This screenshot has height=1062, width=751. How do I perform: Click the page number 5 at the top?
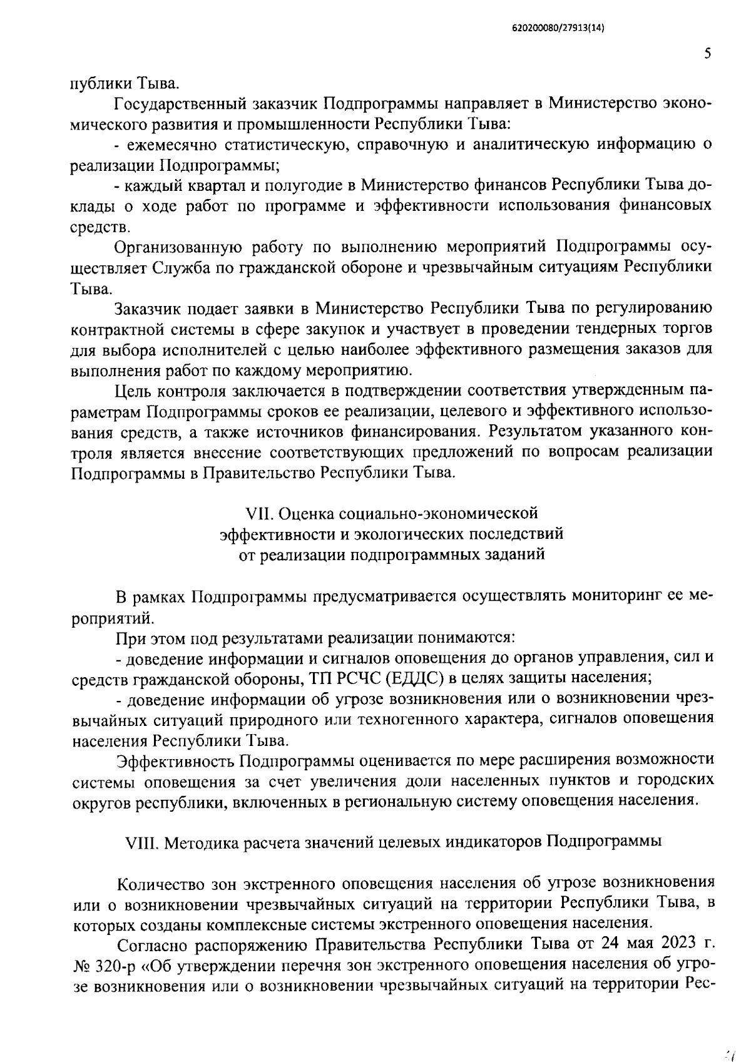coord(707,54)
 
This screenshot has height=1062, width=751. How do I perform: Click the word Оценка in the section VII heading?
coord(305,514)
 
